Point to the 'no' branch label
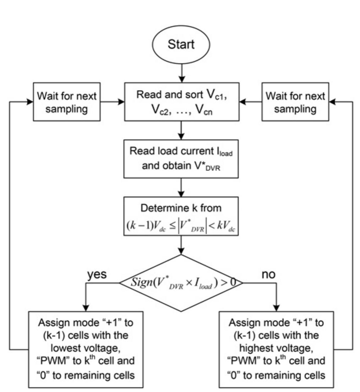tap(269, 265)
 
